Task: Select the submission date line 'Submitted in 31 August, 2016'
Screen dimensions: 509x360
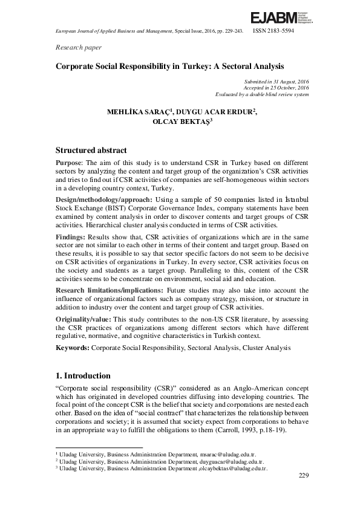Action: click(x=276, y=80)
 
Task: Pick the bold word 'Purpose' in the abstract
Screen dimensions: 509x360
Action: click(x=70, y=163)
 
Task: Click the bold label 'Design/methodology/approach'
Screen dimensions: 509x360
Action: click(x=104, y=199)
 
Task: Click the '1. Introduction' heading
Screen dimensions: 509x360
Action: click(x=83, y=375)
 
